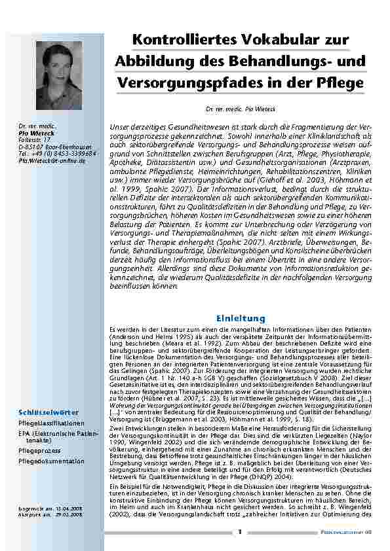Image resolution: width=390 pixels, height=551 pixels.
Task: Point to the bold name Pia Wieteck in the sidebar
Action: tap(35, 132)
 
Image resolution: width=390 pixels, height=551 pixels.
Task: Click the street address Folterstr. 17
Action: tap(35, 139)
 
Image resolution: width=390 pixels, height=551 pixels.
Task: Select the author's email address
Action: tap(52, 160)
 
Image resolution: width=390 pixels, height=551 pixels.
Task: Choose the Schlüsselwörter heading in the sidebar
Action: tap(49, 412)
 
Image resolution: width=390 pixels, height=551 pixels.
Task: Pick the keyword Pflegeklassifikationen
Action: tap(52, 423)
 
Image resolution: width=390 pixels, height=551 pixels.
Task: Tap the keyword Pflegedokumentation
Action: tap(51, 461)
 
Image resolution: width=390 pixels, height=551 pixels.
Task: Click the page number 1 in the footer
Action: tap(240, 531)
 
